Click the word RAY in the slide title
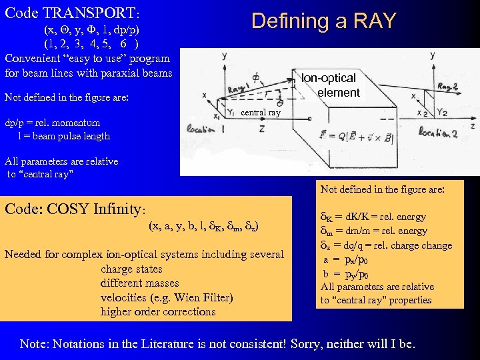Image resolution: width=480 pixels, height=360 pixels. click(371, 21)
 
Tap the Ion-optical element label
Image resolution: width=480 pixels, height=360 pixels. click(331, 85)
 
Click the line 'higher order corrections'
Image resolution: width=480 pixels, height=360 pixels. click(158, 311)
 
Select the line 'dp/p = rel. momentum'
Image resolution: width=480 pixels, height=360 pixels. click(53, 123)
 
